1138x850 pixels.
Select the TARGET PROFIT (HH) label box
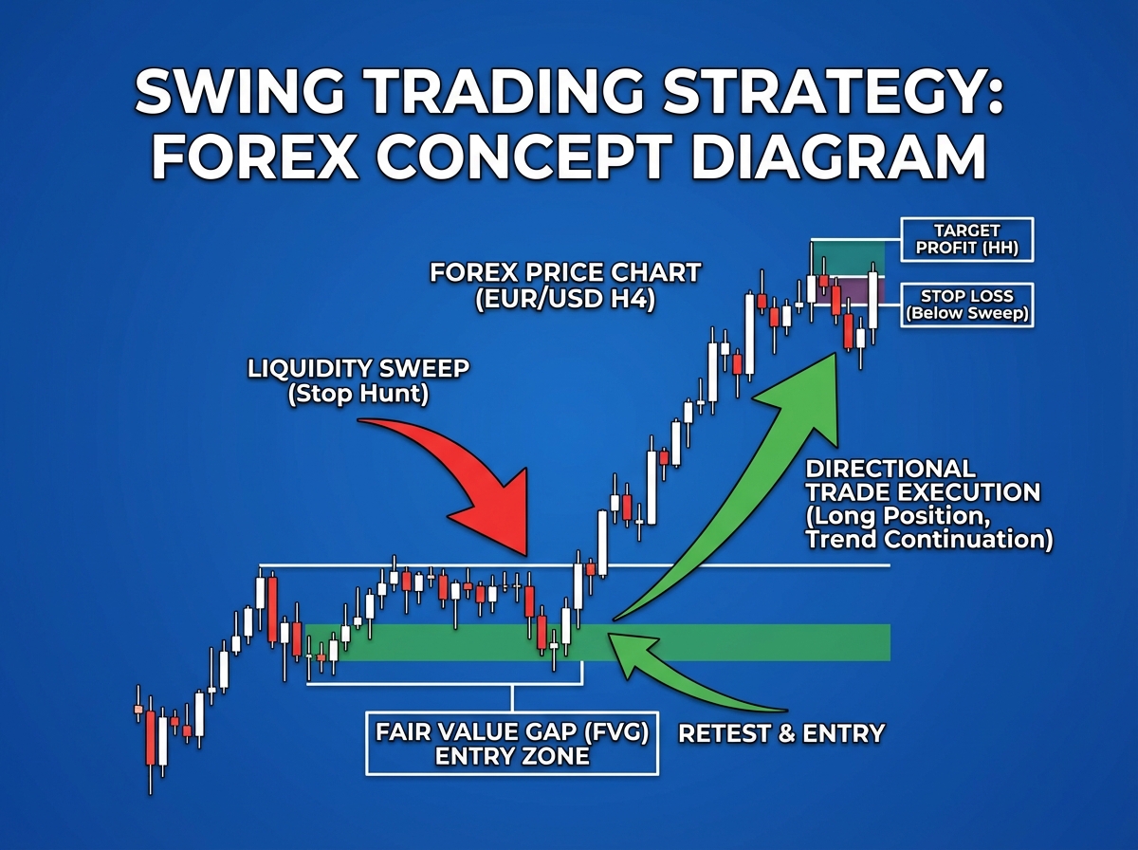click(966, 240)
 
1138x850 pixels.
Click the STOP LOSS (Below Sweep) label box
click(966, 305)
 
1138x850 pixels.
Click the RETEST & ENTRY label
click(780, 733)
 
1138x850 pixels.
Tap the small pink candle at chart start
click(138, 709)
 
